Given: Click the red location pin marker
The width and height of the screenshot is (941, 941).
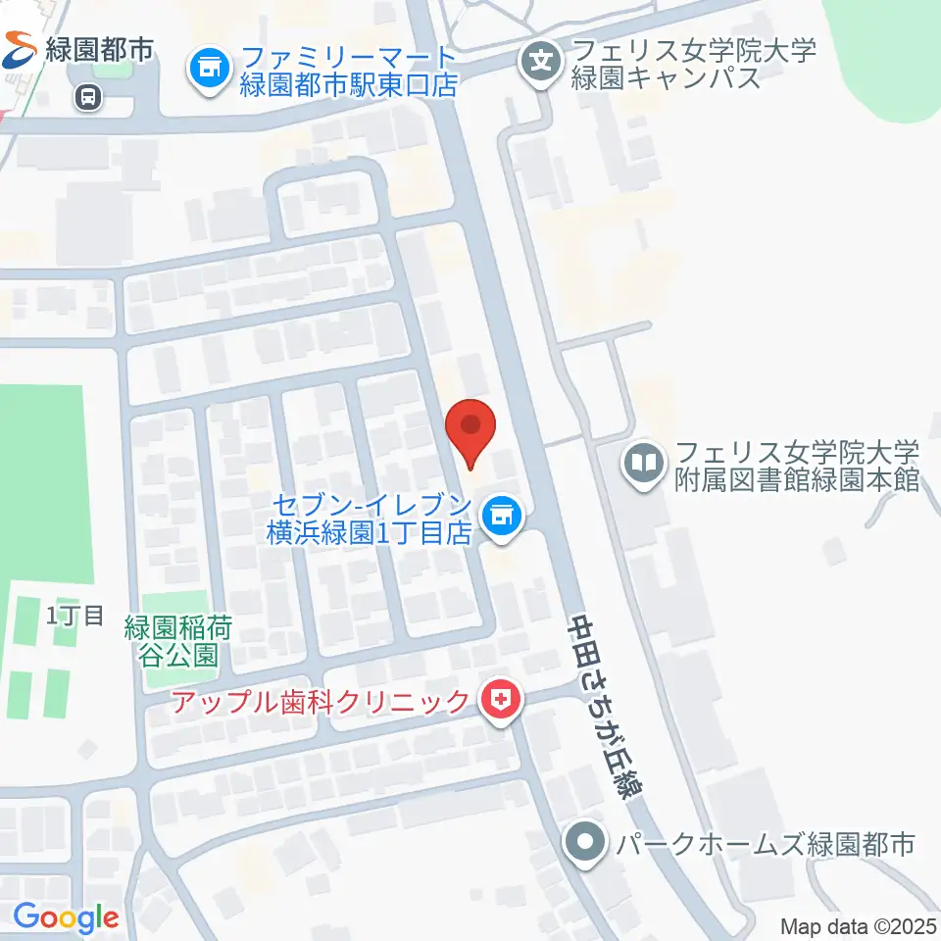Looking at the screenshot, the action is [x=470, y=431].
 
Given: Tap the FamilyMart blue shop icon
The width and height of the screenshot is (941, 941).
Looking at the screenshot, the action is [x=208, y=68].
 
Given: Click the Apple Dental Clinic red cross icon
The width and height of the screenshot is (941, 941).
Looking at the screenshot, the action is [x=501, y=701].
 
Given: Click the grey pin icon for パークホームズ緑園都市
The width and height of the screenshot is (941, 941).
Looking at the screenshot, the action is [x=585, y=842].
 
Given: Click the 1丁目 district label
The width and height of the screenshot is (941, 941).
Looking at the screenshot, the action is [x=75, y=616].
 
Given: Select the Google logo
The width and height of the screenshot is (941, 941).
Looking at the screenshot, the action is [x=66, y=918].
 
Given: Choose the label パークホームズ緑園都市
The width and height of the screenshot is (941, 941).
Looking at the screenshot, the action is [x=762, y=843].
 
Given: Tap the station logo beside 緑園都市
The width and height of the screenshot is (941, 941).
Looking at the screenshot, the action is [x=19, y=46].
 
